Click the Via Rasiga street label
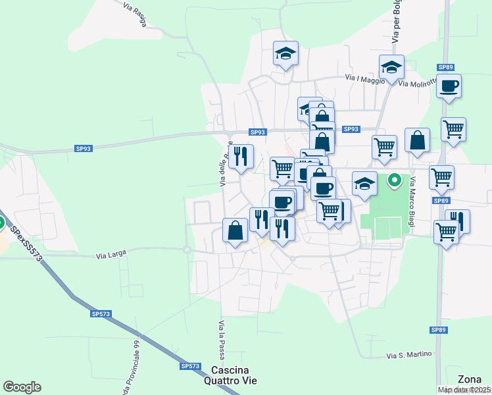point(135,14)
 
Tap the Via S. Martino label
point(409,355)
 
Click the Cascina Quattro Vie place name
point(234,375)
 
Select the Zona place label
point(469,379)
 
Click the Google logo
point(22,387)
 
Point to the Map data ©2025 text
point(464,390)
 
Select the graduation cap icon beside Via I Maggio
point(391,67)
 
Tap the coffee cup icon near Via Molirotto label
point(449,86)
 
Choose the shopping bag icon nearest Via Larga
point(235,230)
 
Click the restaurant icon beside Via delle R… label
point(241,156)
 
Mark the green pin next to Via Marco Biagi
point(395,178)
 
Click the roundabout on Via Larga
point(187,250)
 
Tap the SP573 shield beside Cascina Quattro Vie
point(189,365)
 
